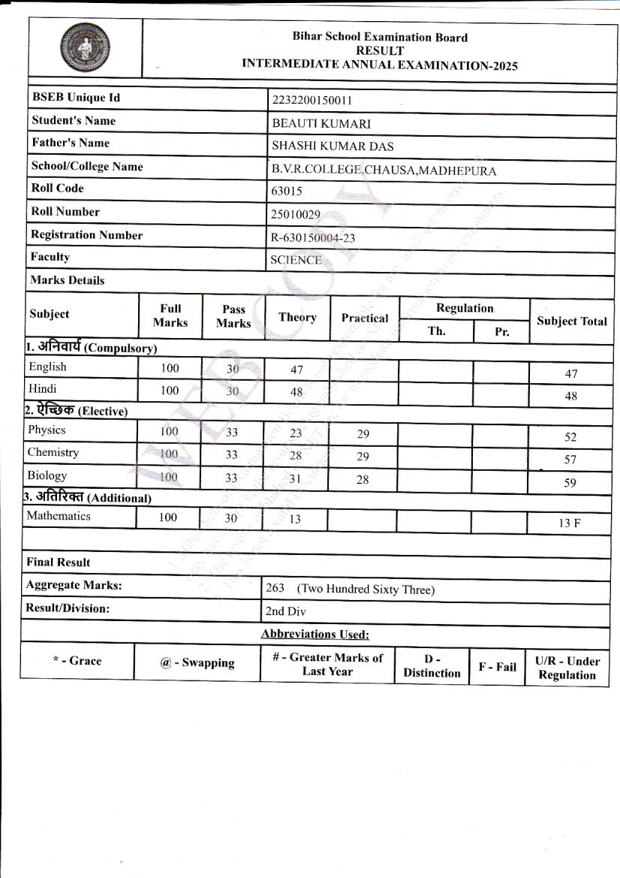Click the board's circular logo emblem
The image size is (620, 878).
84,48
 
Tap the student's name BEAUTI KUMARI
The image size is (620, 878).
321,124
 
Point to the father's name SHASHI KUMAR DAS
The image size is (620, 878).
332,146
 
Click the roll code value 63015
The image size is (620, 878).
286,192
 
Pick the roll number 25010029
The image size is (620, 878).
295,215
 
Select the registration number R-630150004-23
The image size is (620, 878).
313,238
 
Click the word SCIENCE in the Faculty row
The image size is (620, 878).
296,261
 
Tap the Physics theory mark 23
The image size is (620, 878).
296,433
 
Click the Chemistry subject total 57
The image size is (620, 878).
570,460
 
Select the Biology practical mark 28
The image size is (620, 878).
363,479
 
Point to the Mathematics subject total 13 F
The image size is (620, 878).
569,523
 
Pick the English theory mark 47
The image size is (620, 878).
296,369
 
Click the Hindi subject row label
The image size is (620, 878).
42,389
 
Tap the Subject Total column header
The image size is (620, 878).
571,321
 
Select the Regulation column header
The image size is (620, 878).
465,308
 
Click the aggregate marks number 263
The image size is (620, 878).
275,589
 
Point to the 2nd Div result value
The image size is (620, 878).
285,611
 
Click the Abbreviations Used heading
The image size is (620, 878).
315,635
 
